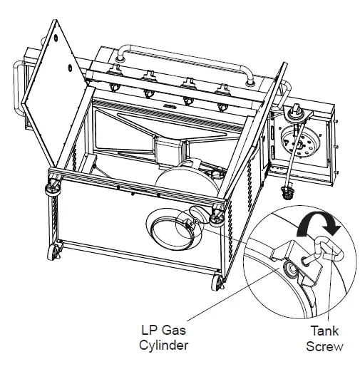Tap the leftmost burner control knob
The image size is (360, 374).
click(114, 88)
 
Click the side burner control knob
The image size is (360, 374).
click(294, 111)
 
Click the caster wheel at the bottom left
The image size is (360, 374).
click(53, 253)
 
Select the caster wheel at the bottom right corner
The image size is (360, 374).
click(216, 284)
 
